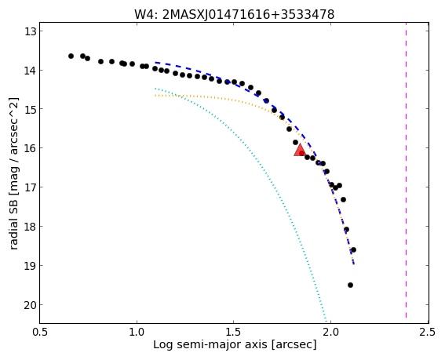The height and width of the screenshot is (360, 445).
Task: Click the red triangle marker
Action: tap(300, 151)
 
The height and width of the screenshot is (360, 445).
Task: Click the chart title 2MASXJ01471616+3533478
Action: tap(248, 14)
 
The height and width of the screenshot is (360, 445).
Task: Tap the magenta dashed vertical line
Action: tap(406, 170)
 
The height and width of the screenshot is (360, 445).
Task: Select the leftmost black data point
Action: tap(71, 56)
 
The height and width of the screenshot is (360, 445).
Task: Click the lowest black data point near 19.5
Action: tap(350, 285)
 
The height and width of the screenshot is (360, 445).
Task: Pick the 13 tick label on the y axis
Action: tap(31, 31)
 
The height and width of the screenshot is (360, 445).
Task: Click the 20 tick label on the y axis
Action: tap(31, 305)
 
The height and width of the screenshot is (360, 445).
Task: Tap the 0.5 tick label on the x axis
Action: tap(40, 333)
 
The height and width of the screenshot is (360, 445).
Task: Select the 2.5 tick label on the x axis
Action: tap(429, 333)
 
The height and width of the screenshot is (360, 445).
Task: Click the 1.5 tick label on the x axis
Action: tap(234, 333)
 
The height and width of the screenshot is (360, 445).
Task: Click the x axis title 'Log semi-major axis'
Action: tap(210, 345)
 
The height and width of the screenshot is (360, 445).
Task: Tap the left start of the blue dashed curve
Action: tap(155, 62)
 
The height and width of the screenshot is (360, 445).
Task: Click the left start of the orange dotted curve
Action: tap(155, 96)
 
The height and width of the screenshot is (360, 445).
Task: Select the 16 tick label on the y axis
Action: tap(31, 148)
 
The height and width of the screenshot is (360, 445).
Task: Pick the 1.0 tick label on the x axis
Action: tap(137, 333)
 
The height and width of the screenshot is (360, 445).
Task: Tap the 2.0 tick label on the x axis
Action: tap(331, 333)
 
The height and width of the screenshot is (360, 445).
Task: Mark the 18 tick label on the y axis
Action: tap(31, 227)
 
